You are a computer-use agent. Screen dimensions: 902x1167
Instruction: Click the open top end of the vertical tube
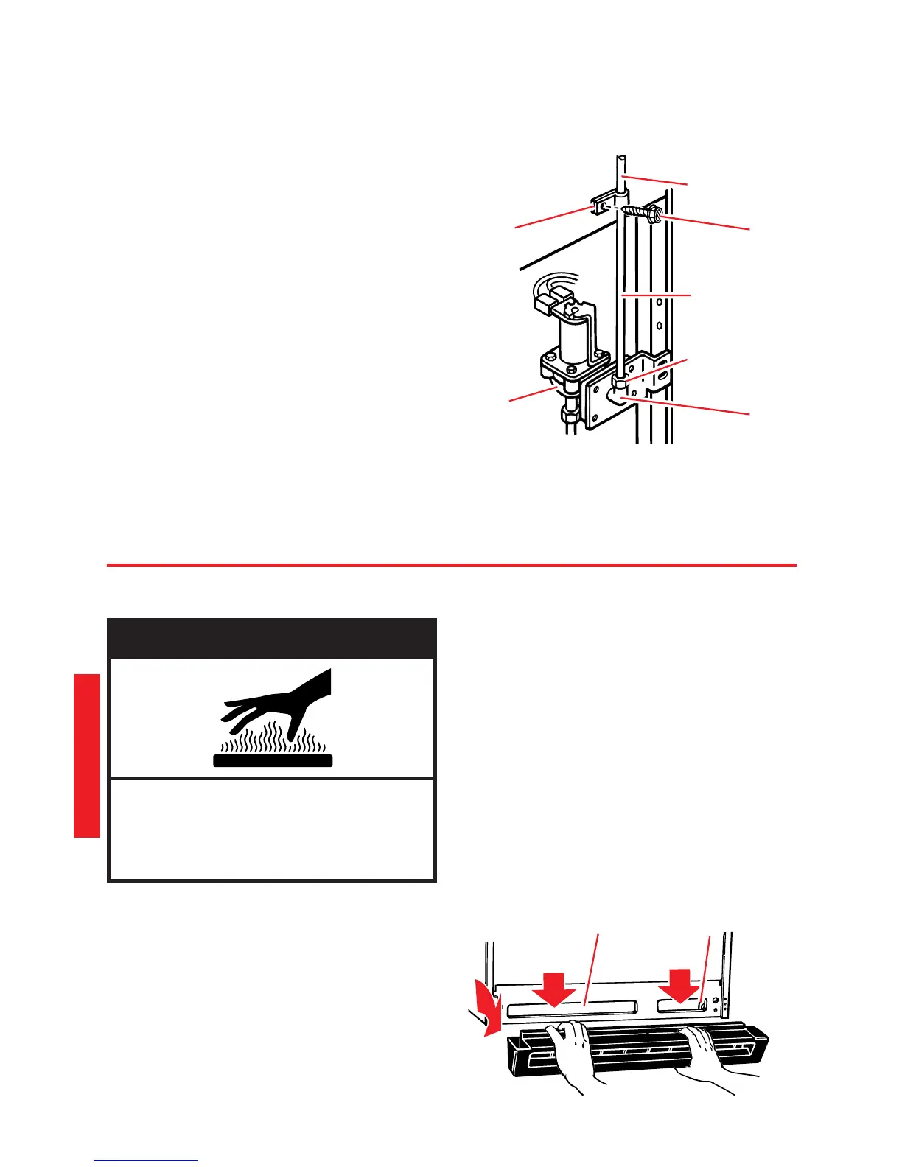620,158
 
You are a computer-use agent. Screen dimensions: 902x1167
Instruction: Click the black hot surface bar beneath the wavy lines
273,760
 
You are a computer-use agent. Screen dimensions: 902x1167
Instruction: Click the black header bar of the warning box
272,638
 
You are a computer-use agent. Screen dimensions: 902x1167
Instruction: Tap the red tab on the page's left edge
86,754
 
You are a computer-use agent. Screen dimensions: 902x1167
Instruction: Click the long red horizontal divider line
451,565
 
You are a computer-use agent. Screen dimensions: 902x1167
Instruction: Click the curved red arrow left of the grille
489,1016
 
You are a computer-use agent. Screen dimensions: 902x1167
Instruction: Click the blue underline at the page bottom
146,1161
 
